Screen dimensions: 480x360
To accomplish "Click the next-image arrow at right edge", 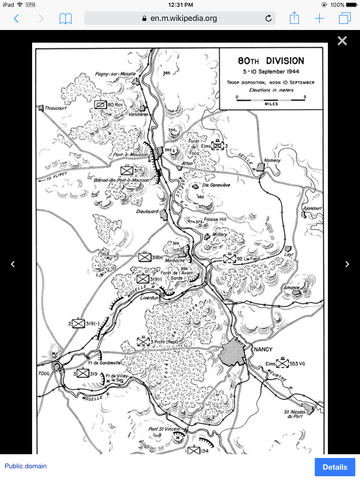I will point(347,264).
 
